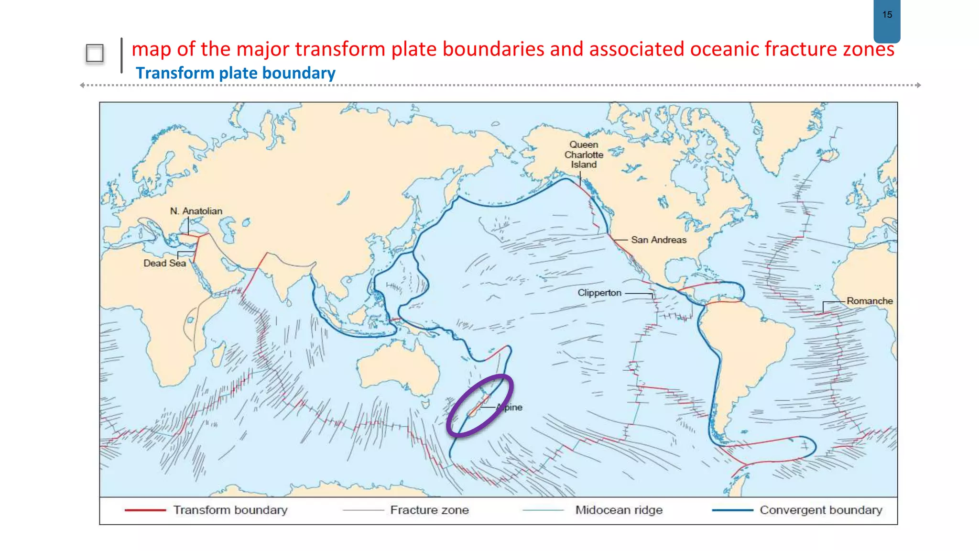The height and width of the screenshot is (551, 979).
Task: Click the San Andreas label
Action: pos(658,240)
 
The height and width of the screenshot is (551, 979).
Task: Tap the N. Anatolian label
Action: pos(196,211)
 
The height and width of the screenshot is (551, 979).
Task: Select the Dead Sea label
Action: pos(164,263)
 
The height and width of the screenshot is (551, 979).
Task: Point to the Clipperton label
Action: pos(599,293)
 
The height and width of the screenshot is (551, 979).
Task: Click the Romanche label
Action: pos(869,301)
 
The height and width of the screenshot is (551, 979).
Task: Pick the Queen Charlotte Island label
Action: pos(584,154)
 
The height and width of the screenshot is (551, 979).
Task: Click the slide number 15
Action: pos(887,15)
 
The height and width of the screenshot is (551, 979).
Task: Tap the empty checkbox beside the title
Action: pos(95,53)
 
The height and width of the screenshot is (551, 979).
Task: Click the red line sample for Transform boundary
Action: pos(145,510)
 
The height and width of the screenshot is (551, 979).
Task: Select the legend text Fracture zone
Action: pos(429,510)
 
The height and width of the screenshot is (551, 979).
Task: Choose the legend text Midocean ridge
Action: pos(619,510)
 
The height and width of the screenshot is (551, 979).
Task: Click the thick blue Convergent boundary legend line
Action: pos(732,510)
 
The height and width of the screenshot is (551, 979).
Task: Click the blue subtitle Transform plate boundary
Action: pos(235,73)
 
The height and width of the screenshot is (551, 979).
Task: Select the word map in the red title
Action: pos(151,49)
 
